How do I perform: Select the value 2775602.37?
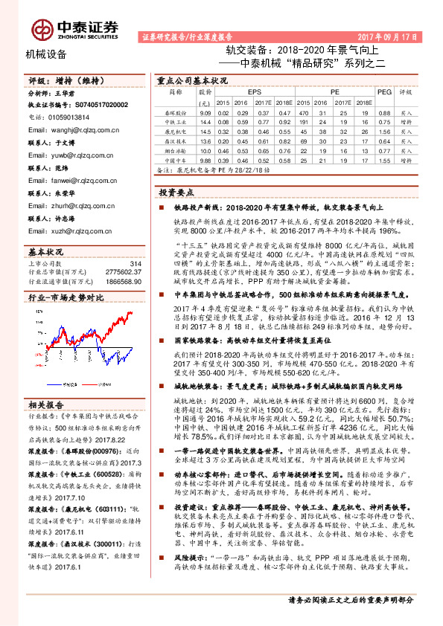(124, 273)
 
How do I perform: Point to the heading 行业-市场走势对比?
(66, 297)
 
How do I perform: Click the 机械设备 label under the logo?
(46, 54)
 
